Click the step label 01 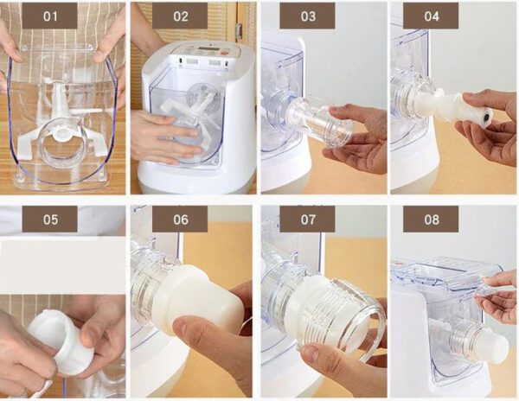50,16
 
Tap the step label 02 180,16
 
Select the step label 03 307,16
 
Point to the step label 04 431,16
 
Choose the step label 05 50,220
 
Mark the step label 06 180,220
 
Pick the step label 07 307,220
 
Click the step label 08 431,220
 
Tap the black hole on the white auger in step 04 487,117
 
